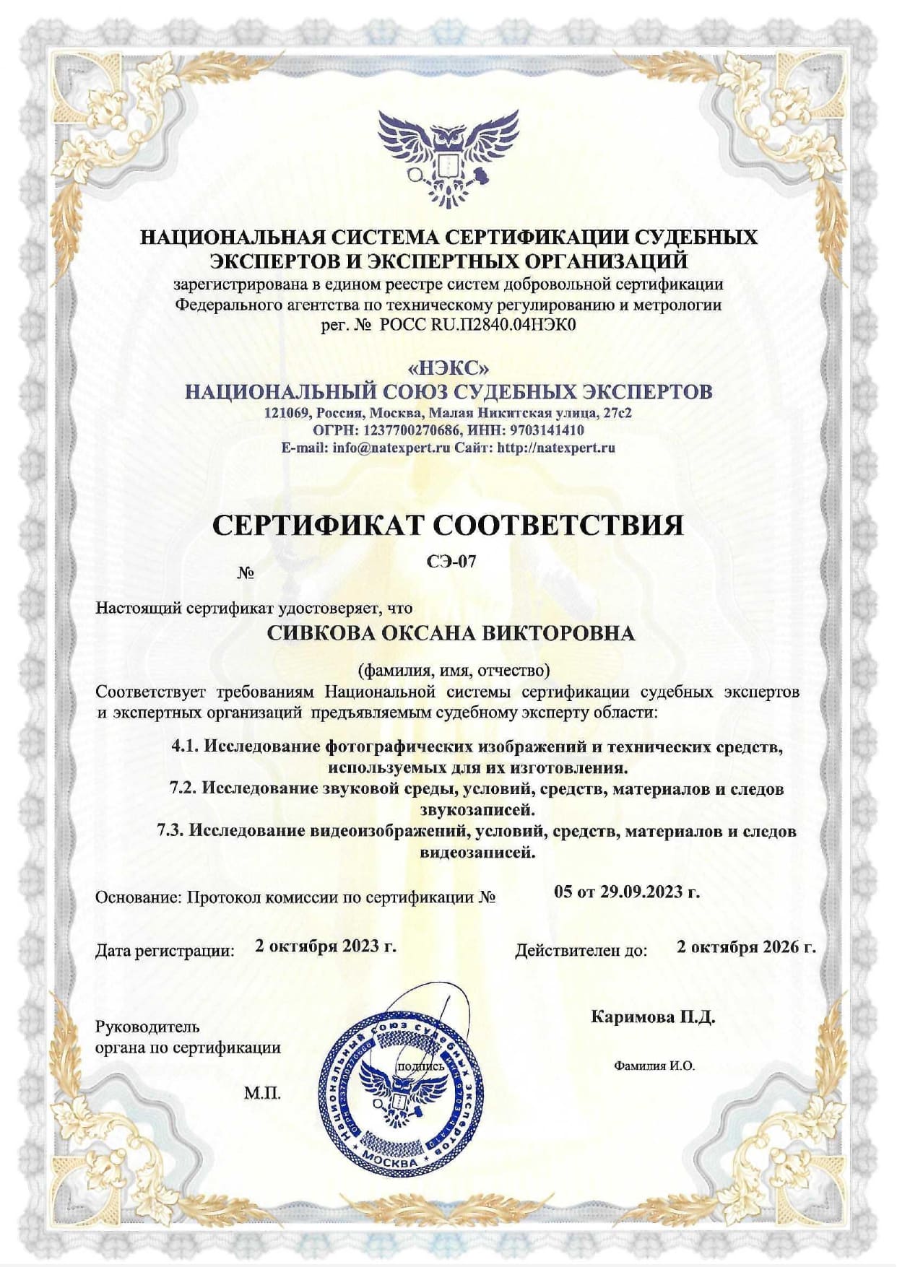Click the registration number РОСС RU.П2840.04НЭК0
[477, 325]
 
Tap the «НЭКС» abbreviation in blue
[448, 368]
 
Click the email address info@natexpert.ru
[391, 448]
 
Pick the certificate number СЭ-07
[451, 562]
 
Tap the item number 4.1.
[185, 746]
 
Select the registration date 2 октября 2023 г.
[326, 946]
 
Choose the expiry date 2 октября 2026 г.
[746, 946]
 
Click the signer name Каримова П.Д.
[653, 1017]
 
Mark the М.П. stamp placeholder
[262, 1093]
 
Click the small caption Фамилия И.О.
[654, 1066]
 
